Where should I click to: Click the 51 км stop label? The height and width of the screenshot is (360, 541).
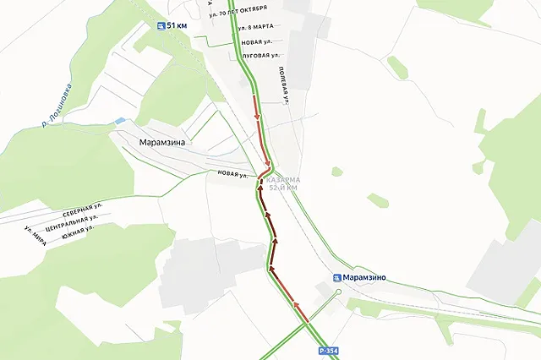point(178,26)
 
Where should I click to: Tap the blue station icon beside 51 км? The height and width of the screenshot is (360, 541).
point(161,26)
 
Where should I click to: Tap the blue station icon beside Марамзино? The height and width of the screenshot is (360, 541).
point(337,276)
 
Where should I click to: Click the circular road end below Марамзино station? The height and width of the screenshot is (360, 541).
point(336,292)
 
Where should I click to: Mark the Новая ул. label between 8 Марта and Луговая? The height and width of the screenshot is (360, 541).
point(256,41)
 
